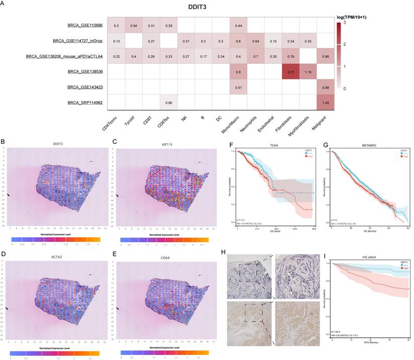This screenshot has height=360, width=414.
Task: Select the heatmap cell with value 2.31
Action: pyautogui.click(x=287, y=71)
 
